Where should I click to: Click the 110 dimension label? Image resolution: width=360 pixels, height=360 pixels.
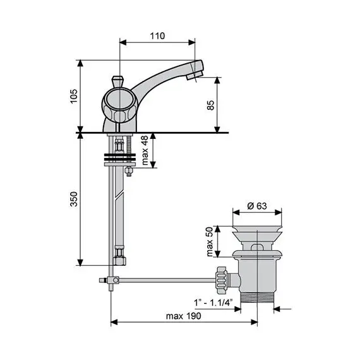[x=158, y=36]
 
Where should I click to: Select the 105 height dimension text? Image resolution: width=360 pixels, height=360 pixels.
[x=73, y=97]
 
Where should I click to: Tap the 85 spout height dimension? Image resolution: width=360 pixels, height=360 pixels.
[x=211, y=104]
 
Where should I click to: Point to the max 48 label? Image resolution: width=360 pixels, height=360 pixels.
[x=145, y=152]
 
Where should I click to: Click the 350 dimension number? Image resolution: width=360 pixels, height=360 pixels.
[x=73, y=200]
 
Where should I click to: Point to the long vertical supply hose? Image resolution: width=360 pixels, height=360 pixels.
[x=117, y=208]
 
